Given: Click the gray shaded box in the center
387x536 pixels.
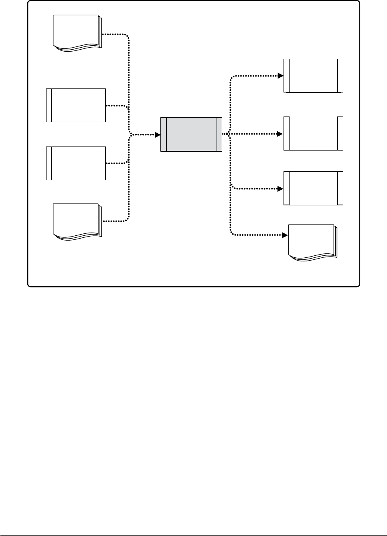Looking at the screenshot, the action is point(191,135).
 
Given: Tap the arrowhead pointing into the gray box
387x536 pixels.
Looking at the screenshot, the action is point(158,135).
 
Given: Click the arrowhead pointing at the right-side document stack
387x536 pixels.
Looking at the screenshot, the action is point(285,235).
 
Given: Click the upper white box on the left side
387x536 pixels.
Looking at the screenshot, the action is point(76,105).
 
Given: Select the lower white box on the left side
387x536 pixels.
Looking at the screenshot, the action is point(76,163).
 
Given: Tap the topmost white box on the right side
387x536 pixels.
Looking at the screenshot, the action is point(313,76).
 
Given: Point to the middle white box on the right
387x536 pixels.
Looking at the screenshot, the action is point(313,134).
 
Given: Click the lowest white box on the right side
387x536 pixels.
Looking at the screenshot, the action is point(313,189).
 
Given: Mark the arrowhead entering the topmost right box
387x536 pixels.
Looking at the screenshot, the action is point(281,76).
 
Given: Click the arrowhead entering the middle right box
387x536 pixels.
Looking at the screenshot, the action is point(281,134).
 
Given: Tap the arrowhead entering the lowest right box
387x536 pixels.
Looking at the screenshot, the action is point(281,189).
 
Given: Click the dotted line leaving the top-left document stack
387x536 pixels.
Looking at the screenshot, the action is point(116,34).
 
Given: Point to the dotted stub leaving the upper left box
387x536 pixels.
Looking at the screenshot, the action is point(116,106).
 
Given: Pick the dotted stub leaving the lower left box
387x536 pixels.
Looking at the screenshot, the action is point(116,163).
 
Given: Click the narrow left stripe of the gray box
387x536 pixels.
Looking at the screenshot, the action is point(164,135).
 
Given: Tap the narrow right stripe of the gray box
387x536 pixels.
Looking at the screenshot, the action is point(219,135).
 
